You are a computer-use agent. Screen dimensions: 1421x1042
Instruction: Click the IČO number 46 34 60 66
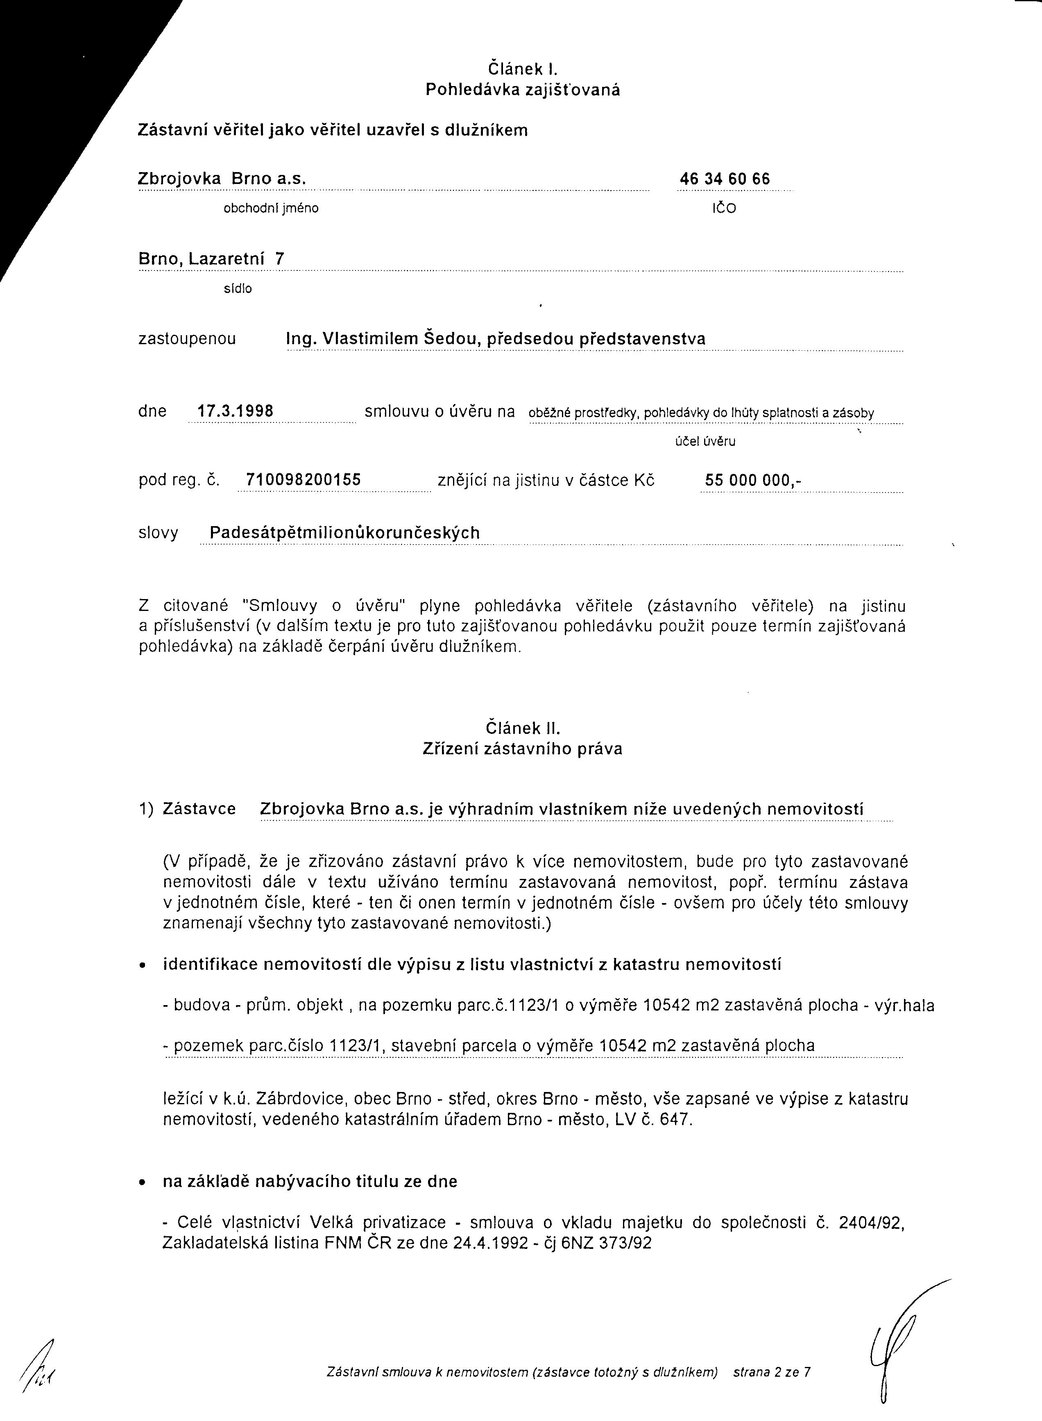tap(725, 179)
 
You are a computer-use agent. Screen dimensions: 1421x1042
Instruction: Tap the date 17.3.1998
tap(235, 411)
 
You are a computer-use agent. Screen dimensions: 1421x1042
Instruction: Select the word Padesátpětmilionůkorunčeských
tap(344, 533)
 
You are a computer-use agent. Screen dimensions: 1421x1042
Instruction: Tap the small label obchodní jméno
tap(271, 208)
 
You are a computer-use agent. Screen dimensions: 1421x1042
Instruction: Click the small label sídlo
tap(238, 289)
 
